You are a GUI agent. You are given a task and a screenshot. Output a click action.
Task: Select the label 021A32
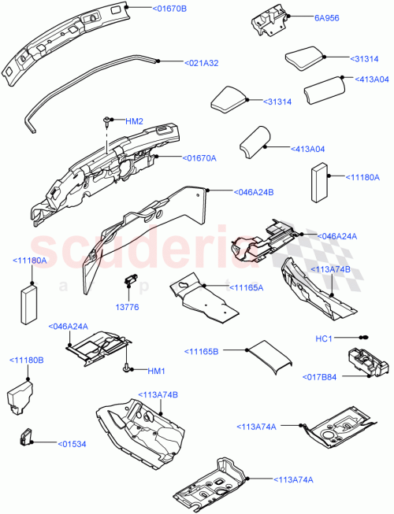point(202,63)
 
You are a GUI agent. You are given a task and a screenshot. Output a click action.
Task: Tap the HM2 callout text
point(135,121)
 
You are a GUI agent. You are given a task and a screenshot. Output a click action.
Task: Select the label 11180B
point(27,360)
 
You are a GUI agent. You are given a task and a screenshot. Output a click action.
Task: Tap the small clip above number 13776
point(131,279)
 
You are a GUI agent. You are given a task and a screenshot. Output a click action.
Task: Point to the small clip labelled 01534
point(25,435)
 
